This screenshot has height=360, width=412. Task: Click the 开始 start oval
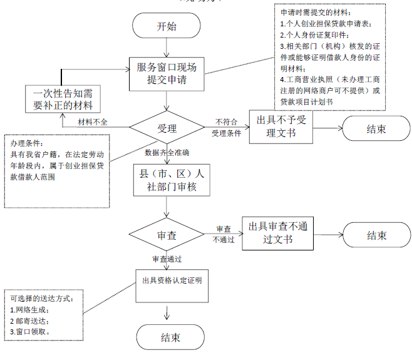(166, 26)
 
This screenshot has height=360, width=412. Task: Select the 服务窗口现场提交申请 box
(167, 73)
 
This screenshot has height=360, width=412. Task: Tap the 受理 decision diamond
(167, 128)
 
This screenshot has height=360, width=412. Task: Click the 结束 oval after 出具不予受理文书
(376, 130)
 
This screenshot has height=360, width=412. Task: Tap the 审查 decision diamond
(166, 236)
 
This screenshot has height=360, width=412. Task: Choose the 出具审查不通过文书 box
(277, 233)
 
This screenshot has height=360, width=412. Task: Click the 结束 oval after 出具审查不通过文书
(377, 236)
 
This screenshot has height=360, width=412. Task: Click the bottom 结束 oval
(170, 337)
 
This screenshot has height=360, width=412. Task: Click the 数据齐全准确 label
(168, 152)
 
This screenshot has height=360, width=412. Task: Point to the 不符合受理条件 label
(226, 127)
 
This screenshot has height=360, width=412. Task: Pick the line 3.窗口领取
(31, 331)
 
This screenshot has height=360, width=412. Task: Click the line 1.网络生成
(30, 309)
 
